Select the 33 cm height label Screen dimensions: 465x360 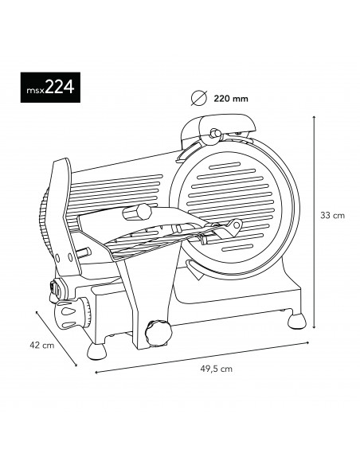(331, 215)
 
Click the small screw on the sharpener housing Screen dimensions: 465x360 (213, 133)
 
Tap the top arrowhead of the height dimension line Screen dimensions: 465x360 (316, 116)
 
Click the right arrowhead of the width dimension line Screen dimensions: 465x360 (308, 342)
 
